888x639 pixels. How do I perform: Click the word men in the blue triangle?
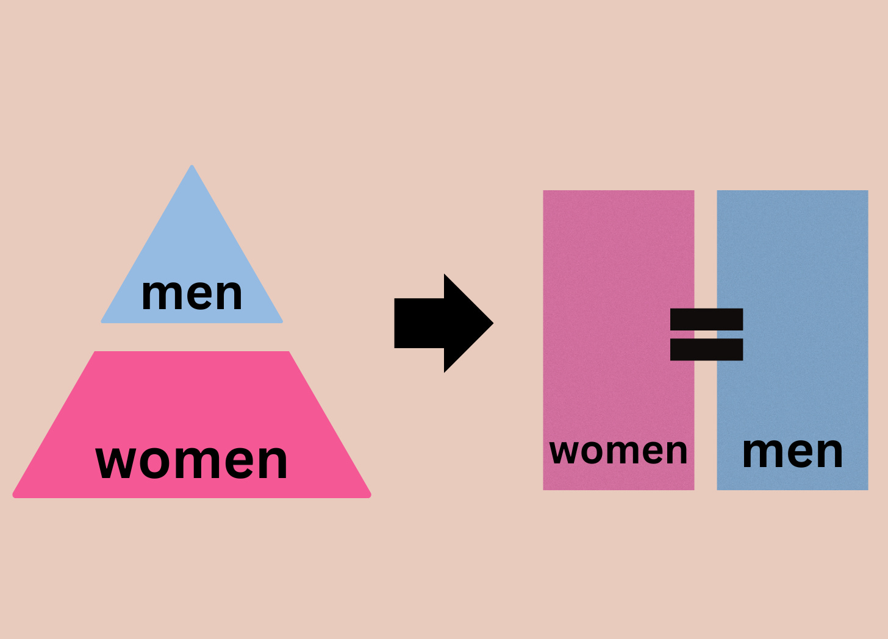192,295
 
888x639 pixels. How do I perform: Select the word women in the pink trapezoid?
192,461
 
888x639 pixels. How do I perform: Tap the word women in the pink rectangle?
618,452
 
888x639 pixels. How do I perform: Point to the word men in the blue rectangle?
792,452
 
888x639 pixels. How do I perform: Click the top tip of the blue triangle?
192,167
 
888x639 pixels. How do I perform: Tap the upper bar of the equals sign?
706,319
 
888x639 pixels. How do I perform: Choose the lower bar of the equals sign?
706,349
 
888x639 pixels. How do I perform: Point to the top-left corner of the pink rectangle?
545,192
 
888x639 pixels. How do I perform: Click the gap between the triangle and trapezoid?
192,337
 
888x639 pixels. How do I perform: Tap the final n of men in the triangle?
228,295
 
